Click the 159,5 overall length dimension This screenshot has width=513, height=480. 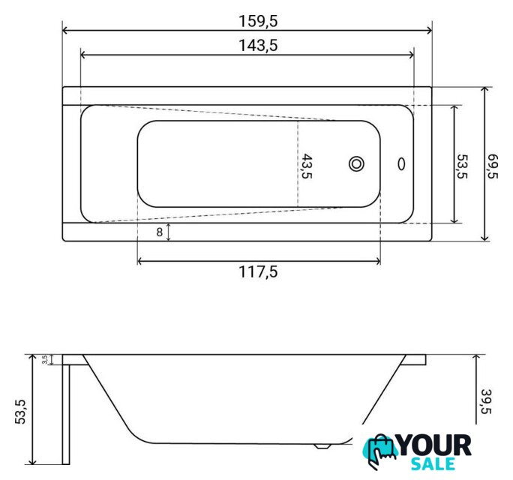tap(258, 21)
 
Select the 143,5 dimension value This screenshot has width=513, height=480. tap(258, 46)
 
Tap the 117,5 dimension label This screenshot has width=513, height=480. tap(258, 272)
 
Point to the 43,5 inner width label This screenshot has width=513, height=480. tap(307, 166)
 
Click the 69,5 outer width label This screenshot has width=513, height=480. tap(492, 166)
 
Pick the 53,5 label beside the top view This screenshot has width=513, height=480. tap(462, 166)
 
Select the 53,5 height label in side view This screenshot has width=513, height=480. tap(20, 412)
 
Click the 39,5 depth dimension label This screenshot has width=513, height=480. tap(486, 401)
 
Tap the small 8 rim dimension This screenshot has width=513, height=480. tap(159, 232)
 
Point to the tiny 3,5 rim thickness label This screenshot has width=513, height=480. tap(45, 359)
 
